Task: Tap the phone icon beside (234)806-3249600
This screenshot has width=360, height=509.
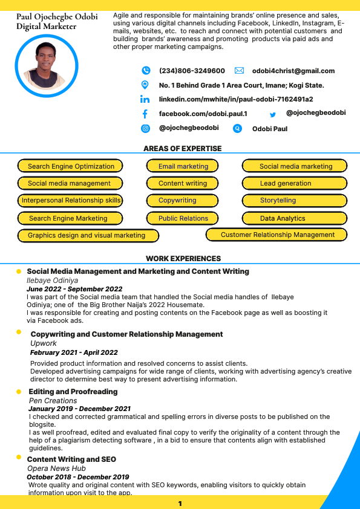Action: tap(145, 71)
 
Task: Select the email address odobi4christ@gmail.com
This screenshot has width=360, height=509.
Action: tap(293, 71)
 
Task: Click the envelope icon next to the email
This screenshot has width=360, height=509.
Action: tap(239, 71)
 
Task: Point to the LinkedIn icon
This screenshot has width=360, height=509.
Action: tap(145, 99)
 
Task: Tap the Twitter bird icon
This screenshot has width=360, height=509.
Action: tap(273, 114)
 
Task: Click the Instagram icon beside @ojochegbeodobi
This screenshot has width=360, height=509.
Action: tap(145, 128)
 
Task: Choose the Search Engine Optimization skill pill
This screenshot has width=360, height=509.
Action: tap(71, 166)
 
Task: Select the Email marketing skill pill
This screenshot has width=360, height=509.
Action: tap(183, 166)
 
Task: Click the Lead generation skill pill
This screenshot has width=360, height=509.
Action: tap(295, 183)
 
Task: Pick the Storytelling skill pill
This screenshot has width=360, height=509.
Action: tap(295, 200)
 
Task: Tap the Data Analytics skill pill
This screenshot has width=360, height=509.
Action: tap(295, 218)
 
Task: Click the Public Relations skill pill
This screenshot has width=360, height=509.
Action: tap(183, 218)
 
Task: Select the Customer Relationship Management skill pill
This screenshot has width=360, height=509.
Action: tap(277, 235)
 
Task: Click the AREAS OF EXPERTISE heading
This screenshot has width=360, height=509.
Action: tap(182, 149)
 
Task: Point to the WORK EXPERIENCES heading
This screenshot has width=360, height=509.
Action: tap(183, 259)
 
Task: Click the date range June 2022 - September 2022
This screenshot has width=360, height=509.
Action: tap(74, 289)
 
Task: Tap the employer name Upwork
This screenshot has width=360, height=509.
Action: tap(44, 343)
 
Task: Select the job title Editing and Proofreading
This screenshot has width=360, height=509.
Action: tap(73, 392)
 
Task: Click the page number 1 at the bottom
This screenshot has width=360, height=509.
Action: tap(180, 504)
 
